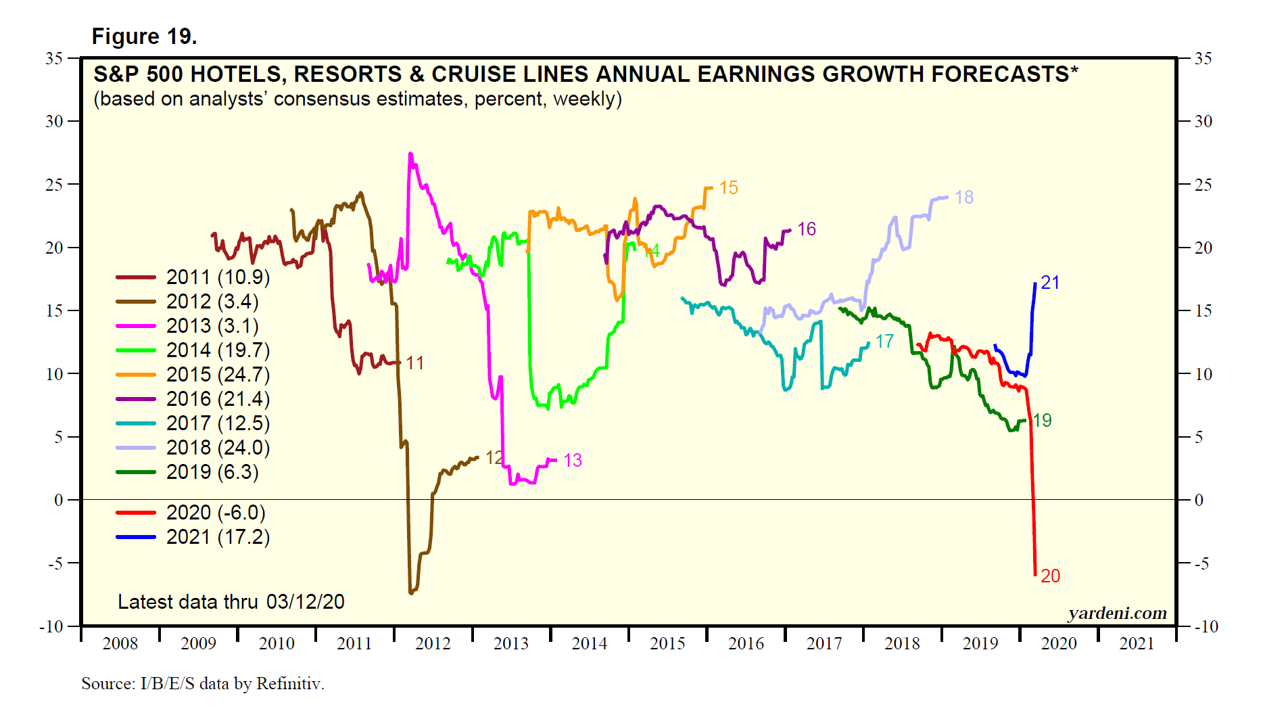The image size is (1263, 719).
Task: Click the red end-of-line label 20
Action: pos(1050,576)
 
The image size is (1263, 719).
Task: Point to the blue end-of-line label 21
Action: pos(1050,283)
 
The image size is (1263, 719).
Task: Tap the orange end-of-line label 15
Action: pos(728,188)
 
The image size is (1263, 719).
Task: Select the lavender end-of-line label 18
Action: pos(963,198)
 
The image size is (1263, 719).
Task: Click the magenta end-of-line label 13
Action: pos(572,461)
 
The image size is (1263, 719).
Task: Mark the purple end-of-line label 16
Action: pos(806,229)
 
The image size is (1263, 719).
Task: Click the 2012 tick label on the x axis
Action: pos(433,644)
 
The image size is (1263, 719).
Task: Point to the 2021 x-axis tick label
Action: pos(1137,644)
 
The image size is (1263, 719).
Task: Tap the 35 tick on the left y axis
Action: pos(54,59)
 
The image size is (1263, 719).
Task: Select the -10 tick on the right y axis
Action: pos(1205,627)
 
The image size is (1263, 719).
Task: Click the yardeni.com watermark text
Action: pos(1117,613)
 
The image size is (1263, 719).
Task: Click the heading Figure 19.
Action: pos(144,37)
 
